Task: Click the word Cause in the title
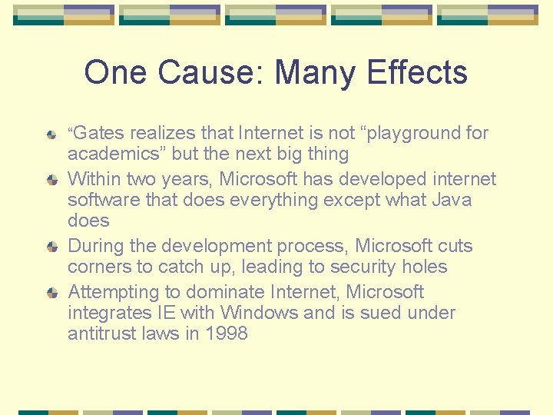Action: (197, 73)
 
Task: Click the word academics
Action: (116, 154)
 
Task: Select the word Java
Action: (452, 200)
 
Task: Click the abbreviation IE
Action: (165, 313)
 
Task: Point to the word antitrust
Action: (100, 334)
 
